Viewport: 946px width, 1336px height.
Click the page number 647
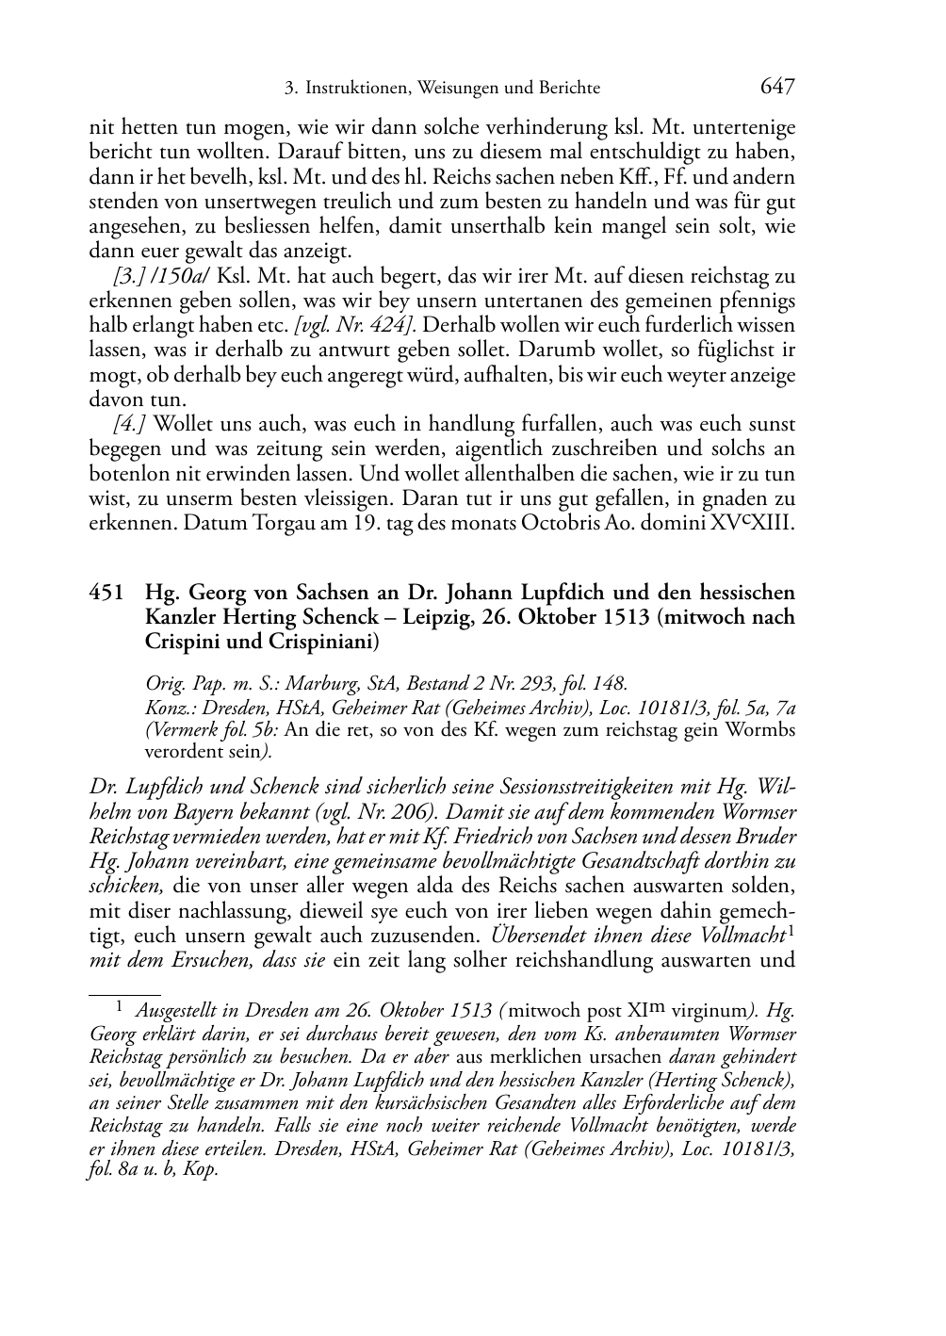click(x=776, y=88)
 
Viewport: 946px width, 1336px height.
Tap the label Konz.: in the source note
click(x=167, y=708)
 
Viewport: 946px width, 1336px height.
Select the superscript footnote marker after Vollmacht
click(x=791, y=931)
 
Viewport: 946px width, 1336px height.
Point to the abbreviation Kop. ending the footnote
click(x=202, y=1170)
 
